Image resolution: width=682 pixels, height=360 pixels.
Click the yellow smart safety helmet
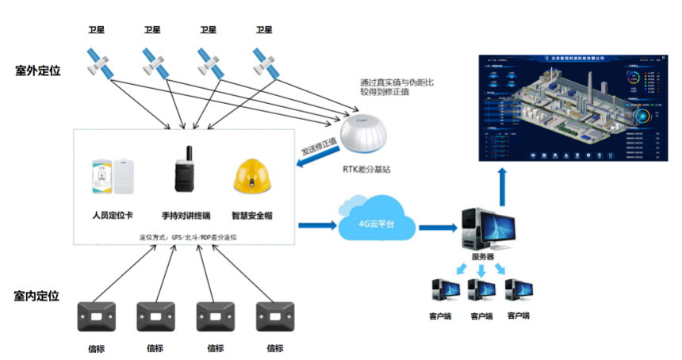click(x=252, y=177)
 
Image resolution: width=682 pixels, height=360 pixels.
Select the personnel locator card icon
click(x=115, y=175)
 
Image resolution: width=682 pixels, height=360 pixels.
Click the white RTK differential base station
click(x=366, y=135)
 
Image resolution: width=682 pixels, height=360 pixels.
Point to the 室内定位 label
click(x=37, y=296)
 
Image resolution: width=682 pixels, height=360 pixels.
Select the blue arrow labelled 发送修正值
click(x=316, y=155)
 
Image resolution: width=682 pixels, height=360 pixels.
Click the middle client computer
click(x=481, y=291)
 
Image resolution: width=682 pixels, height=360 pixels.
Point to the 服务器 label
click(x=481, y=257)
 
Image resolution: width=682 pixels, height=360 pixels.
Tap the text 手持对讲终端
click(x=184, y=214)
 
